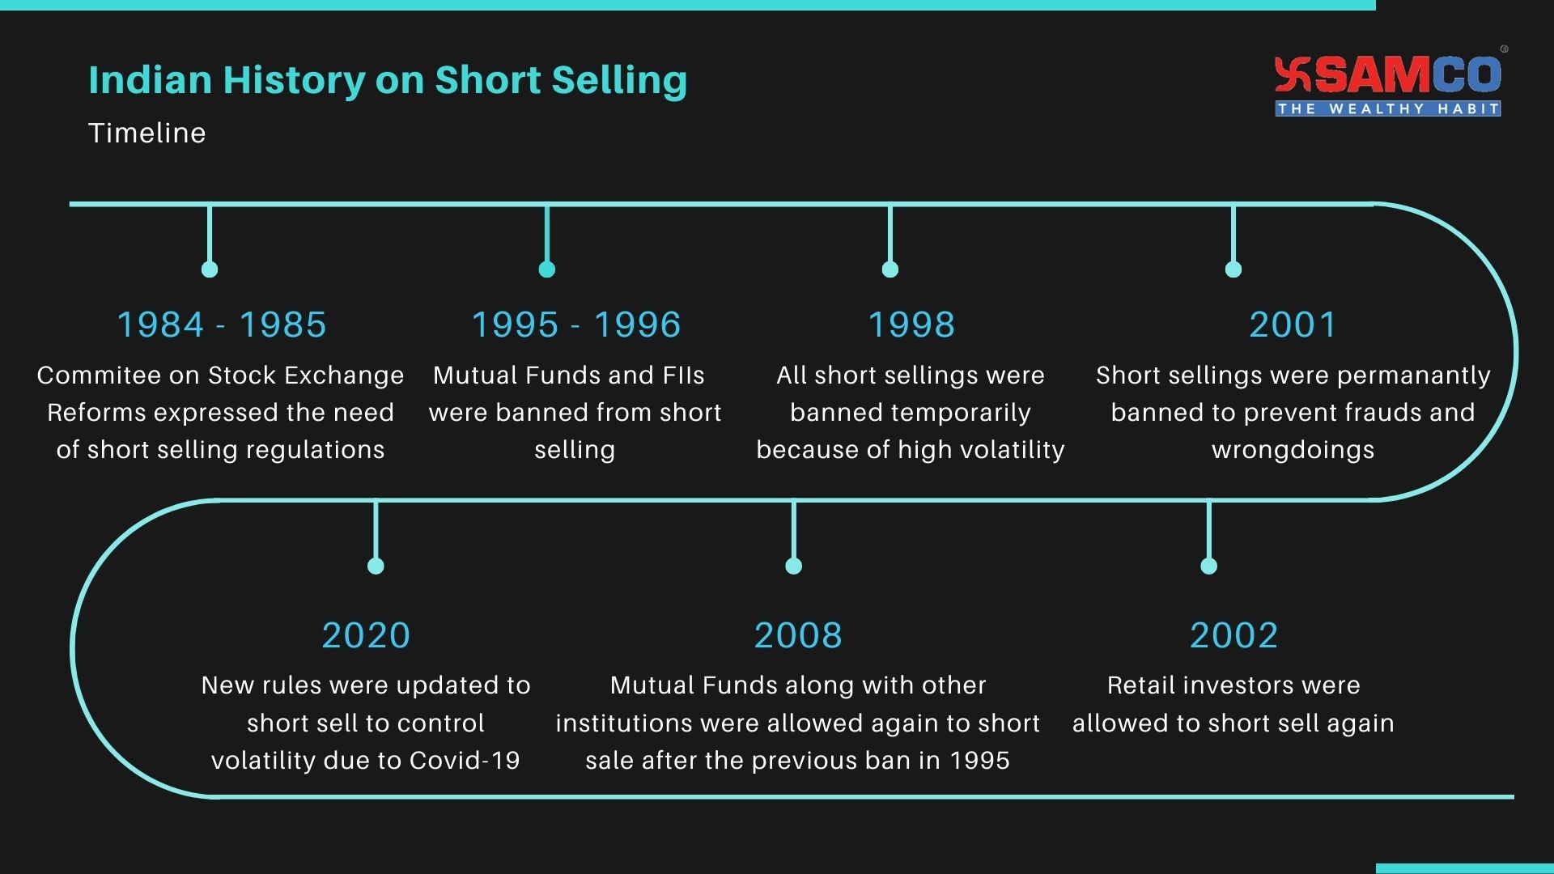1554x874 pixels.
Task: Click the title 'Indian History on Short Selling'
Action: click(x=388, y=80)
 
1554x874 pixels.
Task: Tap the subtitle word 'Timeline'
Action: click(x=147, y=133)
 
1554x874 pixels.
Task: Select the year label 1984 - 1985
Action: click(x=222, y=325)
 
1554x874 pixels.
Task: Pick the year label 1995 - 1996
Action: click(x=575, y=325)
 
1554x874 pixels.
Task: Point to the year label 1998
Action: click(x=911, y=325)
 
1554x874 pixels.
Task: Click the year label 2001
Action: click(x=1293, y=325)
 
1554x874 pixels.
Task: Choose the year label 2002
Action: click(x=1233, y=635)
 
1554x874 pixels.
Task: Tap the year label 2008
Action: click(x=798, y=635)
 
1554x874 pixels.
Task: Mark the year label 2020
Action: click(x=366, y=635)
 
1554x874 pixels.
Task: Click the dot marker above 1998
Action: click(x=890, y=269)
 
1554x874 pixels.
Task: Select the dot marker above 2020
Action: click(x=376, y=566)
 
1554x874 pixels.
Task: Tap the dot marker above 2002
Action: click(x=1209, y=566)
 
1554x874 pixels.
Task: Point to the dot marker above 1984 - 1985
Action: click(x=210, y=269)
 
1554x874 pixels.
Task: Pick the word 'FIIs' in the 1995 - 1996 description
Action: click(x=685, y=375)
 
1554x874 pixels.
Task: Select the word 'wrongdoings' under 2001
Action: click(x=1293, y=450)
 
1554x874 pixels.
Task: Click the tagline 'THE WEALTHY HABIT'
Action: click(x=1387, y=109)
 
